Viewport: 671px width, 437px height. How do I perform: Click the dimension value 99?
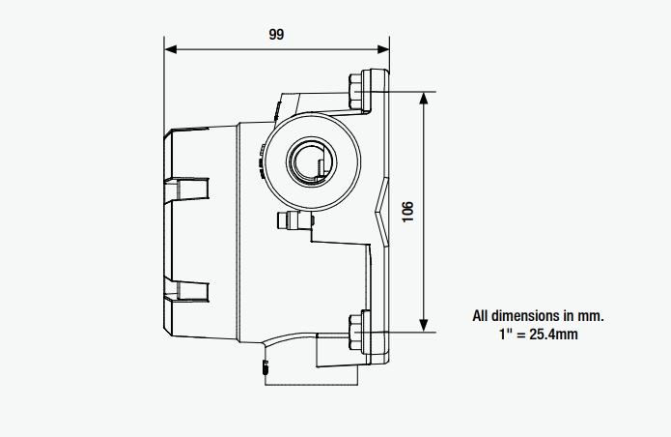tap(276, 34)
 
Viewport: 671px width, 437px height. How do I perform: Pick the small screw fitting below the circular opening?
tap(287, 221)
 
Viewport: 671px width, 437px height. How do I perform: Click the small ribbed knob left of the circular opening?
tap(263, 159)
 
